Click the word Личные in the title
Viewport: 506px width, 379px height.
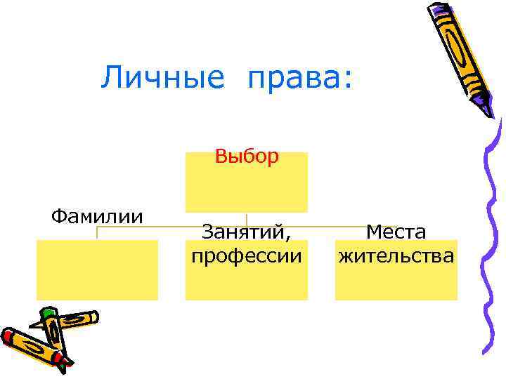pyautogui.click(x=161, y=77)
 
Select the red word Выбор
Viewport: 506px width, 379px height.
pyautogui.click(x=247, y=156)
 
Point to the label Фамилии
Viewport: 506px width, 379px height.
pyautogui.click(x=97, y=215)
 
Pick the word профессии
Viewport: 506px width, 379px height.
pyautogui.click(x=247, y=254)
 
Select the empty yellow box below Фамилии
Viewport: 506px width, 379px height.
pyautogui.click(x=97, y=270)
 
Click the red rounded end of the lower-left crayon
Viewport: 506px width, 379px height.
pyautogui.click(x=8, y=335)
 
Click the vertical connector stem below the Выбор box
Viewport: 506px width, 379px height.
pyautogui.click(x=247, y=219)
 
